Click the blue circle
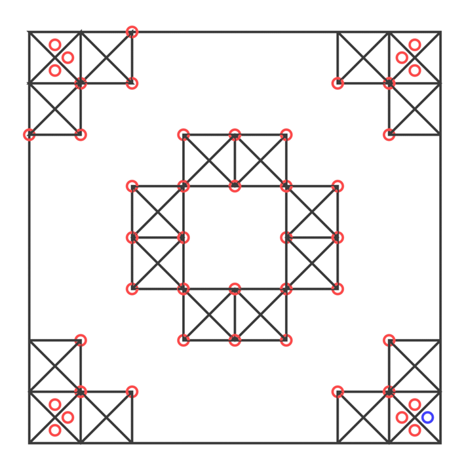(x=427, y=417)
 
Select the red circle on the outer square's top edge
(x=132, y=31)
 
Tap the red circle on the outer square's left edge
(x=29, y=135)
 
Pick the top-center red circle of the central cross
(x=235, y=135)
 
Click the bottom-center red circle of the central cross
(x=235, y=340)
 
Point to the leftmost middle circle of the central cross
(x=132, y=237)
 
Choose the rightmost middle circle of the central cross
(x=338, y=237)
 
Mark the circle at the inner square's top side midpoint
(x=235, y=186)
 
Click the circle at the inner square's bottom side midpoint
(x=235, y=289)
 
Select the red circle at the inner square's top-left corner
(x=184, y=186)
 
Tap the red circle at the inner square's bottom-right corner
(x=286, y=289)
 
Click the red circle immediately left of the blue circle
(x=402, y=417)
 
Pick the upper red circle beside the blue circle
(x=414, y=404)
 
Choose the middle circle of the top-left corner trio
(x=68, y=58)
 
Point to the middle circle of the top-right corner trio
(x=402, y=58)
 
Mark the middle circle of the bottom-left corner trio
(x=68, y=417)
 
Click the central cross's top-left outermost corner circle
(x=184, y=135)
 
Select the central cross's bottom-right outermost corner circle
(x=286, y=340)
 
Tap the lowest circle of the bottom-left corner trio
(x=55, y=430)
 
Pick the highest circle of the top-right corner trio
(x=414, y=45)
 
